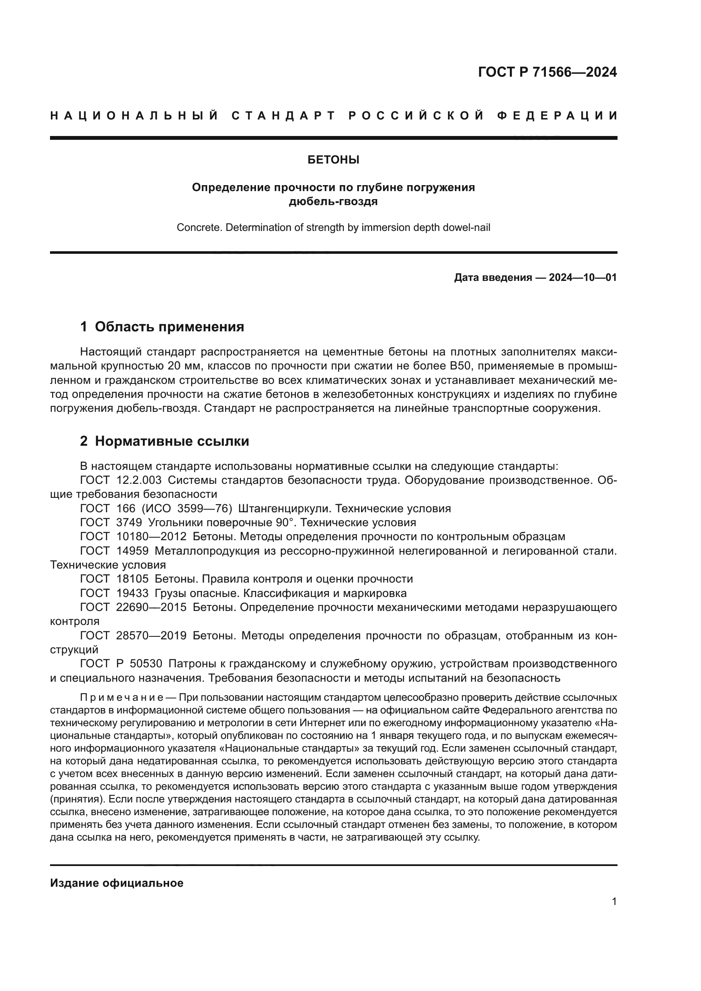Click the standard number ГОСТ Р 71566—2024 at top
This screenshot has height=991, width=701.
[x=547, y=72]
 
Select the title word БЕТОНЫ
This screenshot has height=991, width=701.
[x=333, y=160]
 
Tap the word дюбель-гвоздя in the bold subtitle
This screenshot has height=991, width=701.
[x=333, y=202]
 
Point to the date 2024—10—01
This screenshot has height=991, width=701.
[x=583, y=278]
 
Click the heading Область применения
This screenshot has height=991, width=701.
[x=169, y=327]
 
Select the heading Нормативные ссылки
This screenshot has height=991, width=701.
[x=172, y=441]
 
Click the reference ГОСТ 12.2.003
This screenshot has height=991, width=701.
[x=121, y=480]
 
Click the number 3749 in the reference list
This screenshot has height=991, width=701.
[x=129, y=523]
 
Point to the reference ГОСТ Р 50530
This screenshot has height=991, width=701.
[x=121, y=663]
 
